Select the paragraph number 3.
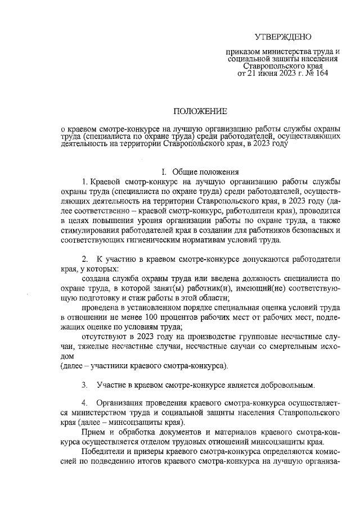click(84, 385)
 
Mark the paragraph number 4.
click(84, 403)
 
